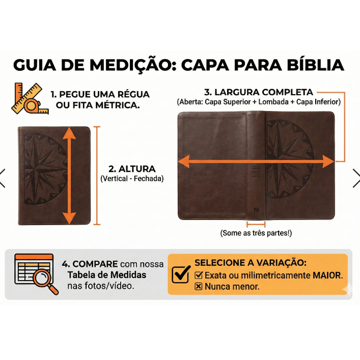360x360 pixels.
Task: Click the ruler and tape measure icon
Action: (30, 98)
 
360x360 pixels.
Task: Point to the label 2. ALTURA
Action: (132, 169)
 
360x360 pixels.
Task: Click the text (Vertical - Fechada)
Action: (132, 179)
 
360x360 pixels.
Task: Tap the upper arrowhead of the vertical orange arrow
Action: (69, 133)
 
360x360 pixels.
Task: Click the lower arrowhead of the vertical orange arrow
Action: (69, 218)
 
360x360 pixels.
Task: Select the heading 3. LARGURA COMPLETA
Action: (259, 92)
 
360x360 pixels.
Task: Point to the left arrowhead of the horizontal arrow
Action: (184, 161)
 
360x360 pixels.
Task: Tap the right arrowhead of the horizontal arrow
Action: (328, 161)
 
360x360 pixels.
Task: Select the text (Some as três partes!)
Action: (256, 233)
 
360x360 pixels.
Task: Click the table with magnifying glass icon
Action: (37, 274)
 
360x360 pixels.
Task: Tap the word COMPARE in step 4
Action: (95, 264)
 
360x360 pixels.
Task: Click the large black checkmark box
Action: (181, 274)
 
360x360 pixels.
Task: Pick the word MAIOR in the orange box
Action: (327, 275)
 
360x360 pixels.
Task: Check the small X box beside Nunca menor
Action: (199, 287)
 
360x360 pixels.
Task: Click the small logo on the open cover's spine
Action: (256, 210)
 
